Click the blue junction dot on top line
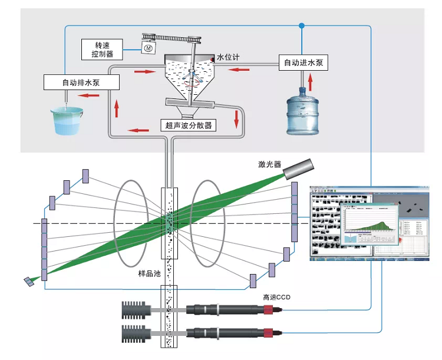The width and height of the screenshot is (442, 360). (x=302, y=26)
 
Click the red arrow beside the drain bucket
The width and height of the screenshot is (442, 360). (x=89, y=94)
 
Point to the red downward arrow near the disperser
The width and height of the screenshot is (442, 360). (x=237, y=117)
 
